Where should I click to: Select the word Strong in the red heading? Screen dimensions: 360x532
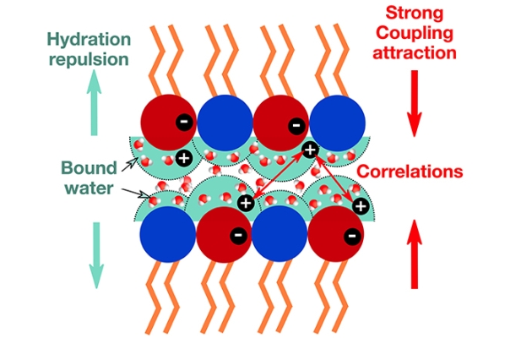(x=415, y=14)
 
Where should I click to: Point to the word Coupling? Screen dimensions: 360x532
(x=415, y=34)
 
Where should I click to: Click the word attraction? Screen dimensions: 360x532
(x=415, y=52)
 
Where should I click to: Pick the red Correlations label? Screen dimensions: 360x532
(x=410, y=172)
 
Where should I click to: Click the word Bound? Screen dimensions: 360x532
(x=88, y=166)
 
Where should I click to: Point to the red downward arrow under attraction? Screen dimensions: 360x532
(x=414, y=103)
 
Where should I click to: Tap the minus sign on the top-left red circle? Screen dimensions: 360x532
(x=182, y=122)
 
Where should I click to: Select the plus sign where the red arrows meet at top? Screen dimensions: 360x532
(x=309, y=150)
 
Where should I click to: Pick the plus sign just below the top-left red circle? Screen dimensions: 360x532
(x=183, y=156)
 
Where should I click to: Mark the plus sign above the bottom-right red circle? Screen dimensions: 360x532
(x=360, y=205)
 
